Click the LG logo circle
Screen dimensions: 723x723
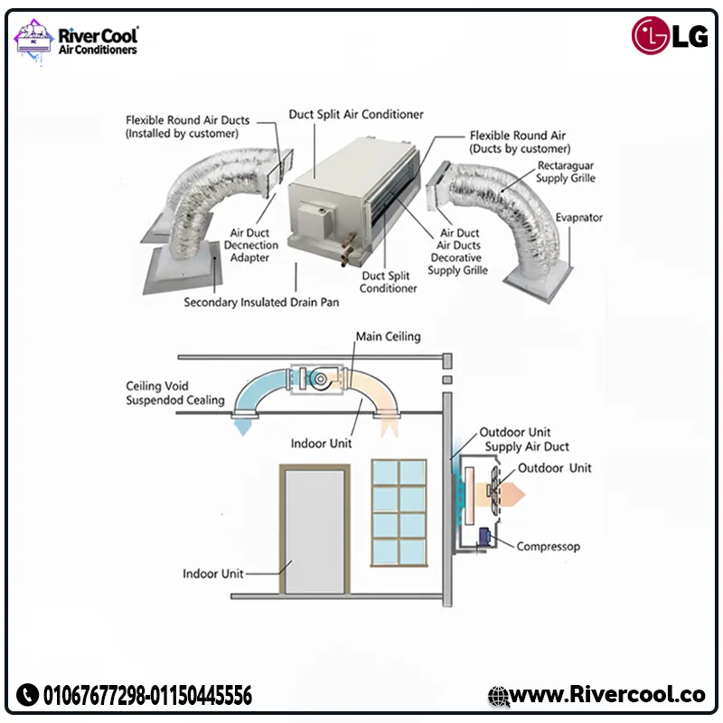pos(651,35)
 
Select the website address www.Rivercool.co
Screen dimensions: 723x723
pos(606,694)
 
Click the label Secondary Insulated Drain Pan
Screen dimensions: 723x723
pos(261,302)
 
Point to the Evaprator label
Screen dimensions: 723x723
pos(579,218)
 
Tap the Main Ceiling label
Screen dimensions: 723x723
pos(388,336)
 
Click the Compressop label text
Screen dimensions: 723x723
pos(548,546)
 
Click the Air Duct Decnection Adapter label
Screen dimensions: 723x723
pos(249,245)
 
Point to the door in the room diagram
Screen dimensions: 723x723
pos(312,531)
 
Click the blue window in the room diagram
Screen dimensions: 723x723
pos(399,511)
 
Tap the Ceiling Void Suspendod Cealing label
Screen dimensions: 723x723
pos(174,393)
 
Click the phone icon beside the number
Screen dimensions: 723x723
pos(27,695)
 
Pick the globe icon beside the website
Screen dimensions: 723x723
pos(499,695)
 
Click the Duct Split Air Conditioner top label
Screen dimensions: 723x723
pos(356,115)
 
